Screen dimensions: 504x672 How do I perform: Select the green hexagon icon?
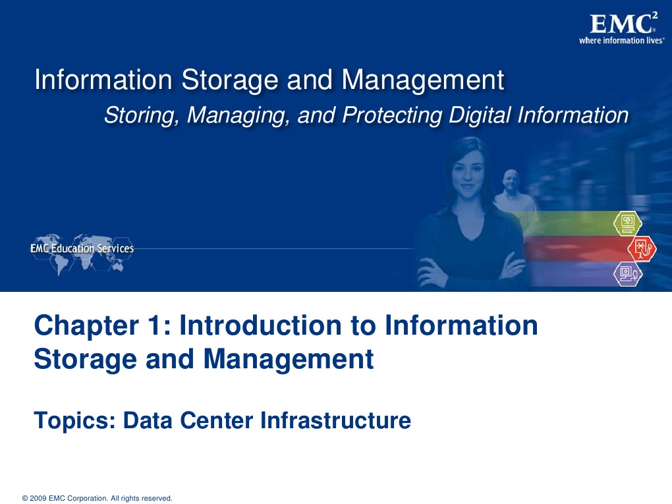coord(627,223)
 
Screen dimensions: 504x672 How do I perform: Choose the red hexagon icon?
coord(641,248)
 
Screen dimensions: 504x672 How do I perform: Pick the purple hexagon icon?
coord(628,273)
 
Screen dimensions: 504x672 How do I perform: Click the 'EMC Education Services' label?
coord(82,248)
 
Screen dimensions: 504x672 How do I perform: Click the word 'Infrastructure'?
coord(335,420)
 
